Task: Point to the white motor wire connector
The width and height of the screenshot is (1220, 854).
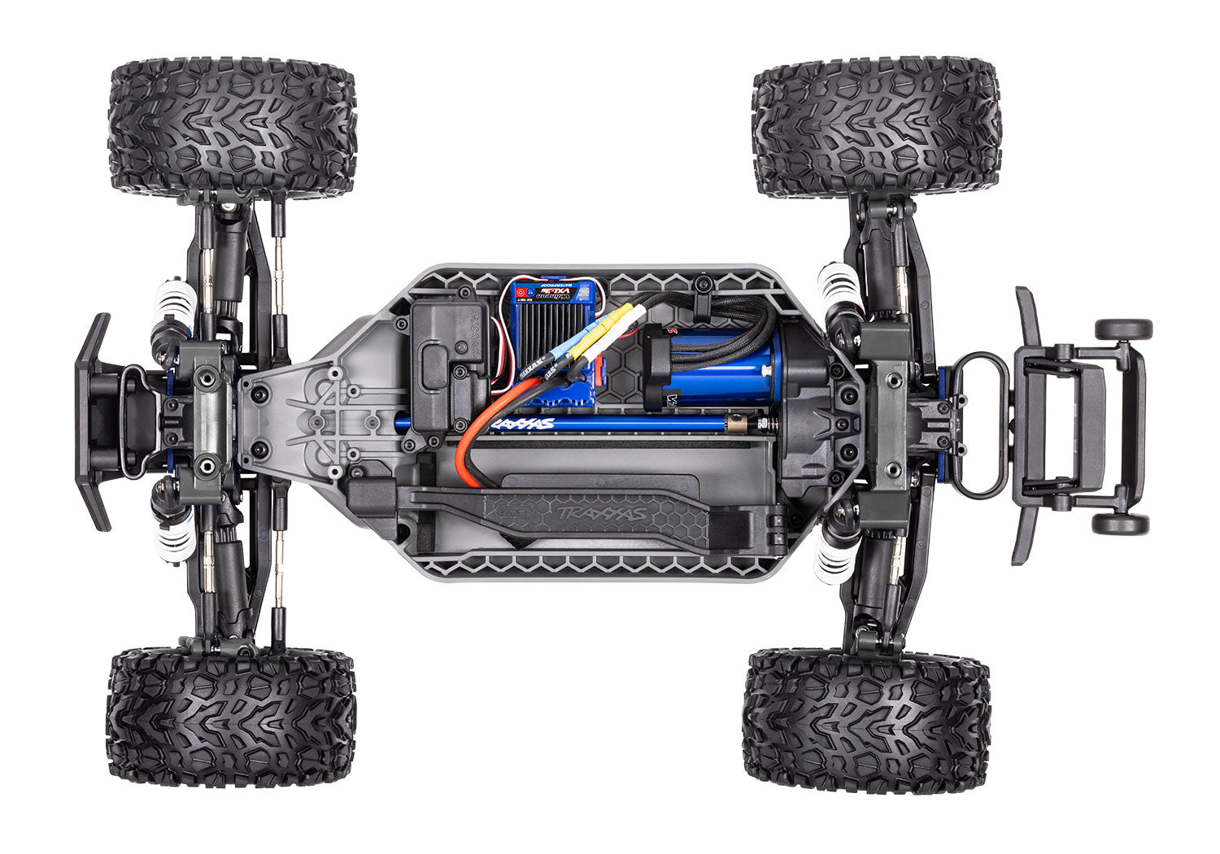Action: pos(635,316)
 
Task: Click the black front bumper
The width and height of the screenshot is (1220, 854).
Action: pos(94,421)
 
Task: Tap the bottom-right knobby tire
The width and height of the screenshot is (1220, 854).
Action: pos(867,720)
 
